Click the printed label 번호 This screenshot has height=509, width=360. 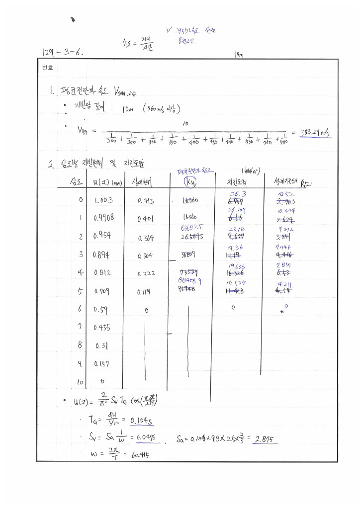pos(48,67)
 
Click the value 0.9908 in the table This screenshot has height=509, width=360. pos(103,218)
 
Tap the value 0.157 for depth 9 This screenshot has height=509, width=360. pos(102,364)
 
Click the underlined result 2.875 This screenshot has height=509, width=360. pos(265,439)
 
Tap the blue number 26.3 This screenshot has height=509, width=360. pos(238,194)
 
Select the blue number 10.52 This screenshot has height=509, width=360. pos(285,195)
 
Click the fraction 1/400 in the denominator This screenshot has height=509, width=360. pos(193,139)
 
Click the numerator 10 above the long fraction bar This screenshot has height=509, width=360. pos(185,122)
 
